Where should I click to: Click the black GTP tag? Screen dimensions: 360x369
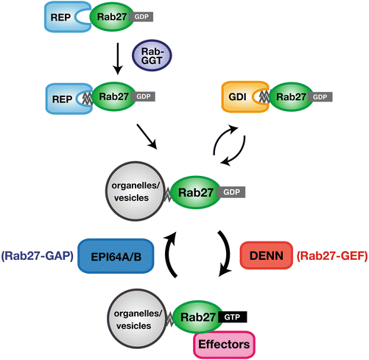tap(231, 314)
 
